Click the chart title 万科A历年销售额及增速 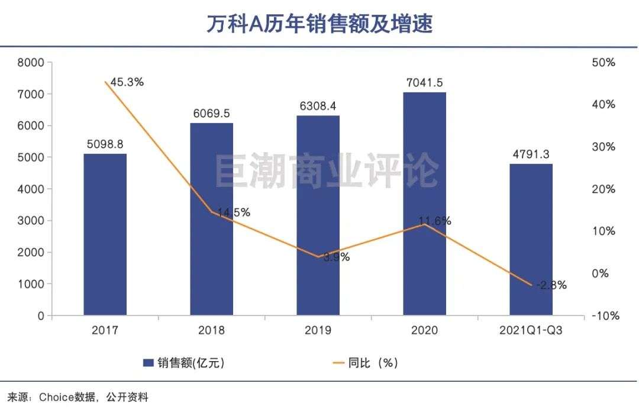(319, 24)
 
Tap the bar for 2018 (211, 219)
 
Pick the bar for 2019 (318, 215)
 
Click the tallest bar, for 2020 (425, 204)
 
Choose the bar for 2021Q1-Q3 (531, 239)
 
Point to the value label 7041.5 (424, 83)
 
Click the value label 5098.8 (105, 144)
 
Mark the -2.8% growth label (551, 285)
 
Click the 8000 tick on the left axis (32, 63)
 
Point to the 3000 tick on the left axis (32, 221)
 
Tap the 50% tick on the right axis (603, 63)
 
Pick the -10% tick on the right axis (605, 316)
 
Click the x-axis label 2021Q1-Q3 (531, 330)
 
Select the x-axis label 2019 (318, 330)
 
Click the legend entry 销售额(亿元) (184, 363)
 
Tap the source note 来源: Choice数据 (78, 397)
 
